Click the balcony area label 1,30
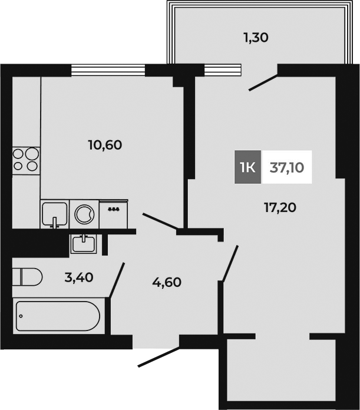(256, 38)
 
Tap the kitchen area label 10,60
(105, 144)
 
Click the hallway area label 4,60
(166, 282)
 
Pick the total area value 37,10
(287, 167)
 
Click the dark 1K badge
(247, 167)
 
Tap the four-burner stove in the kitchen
(25, 158)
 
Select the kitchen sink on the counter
(55, 213)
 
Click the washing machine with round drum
(85, 213)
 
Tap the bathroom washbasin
(85, 242)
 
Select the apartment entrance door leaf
(158, 358)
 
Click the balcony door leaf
(263, 82)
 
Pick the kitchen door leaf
(160, 221)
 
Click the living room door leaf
(229, 263)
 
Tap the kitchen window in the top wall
(108, 70)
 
